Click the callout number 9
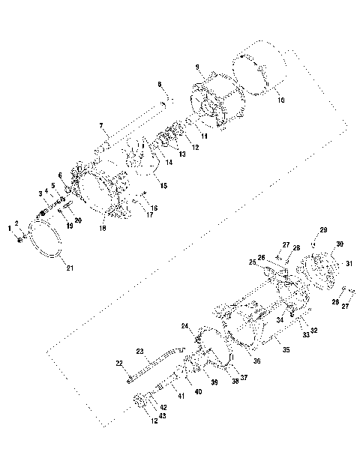click(197, 68)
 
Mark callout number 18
click(102, 227)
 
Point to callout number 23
click(139, 350)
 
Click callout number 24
click(184, 326)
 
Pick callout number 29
click(324, 229)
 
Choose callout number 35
click(285, 349)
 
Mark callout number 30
click(340, 244)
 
